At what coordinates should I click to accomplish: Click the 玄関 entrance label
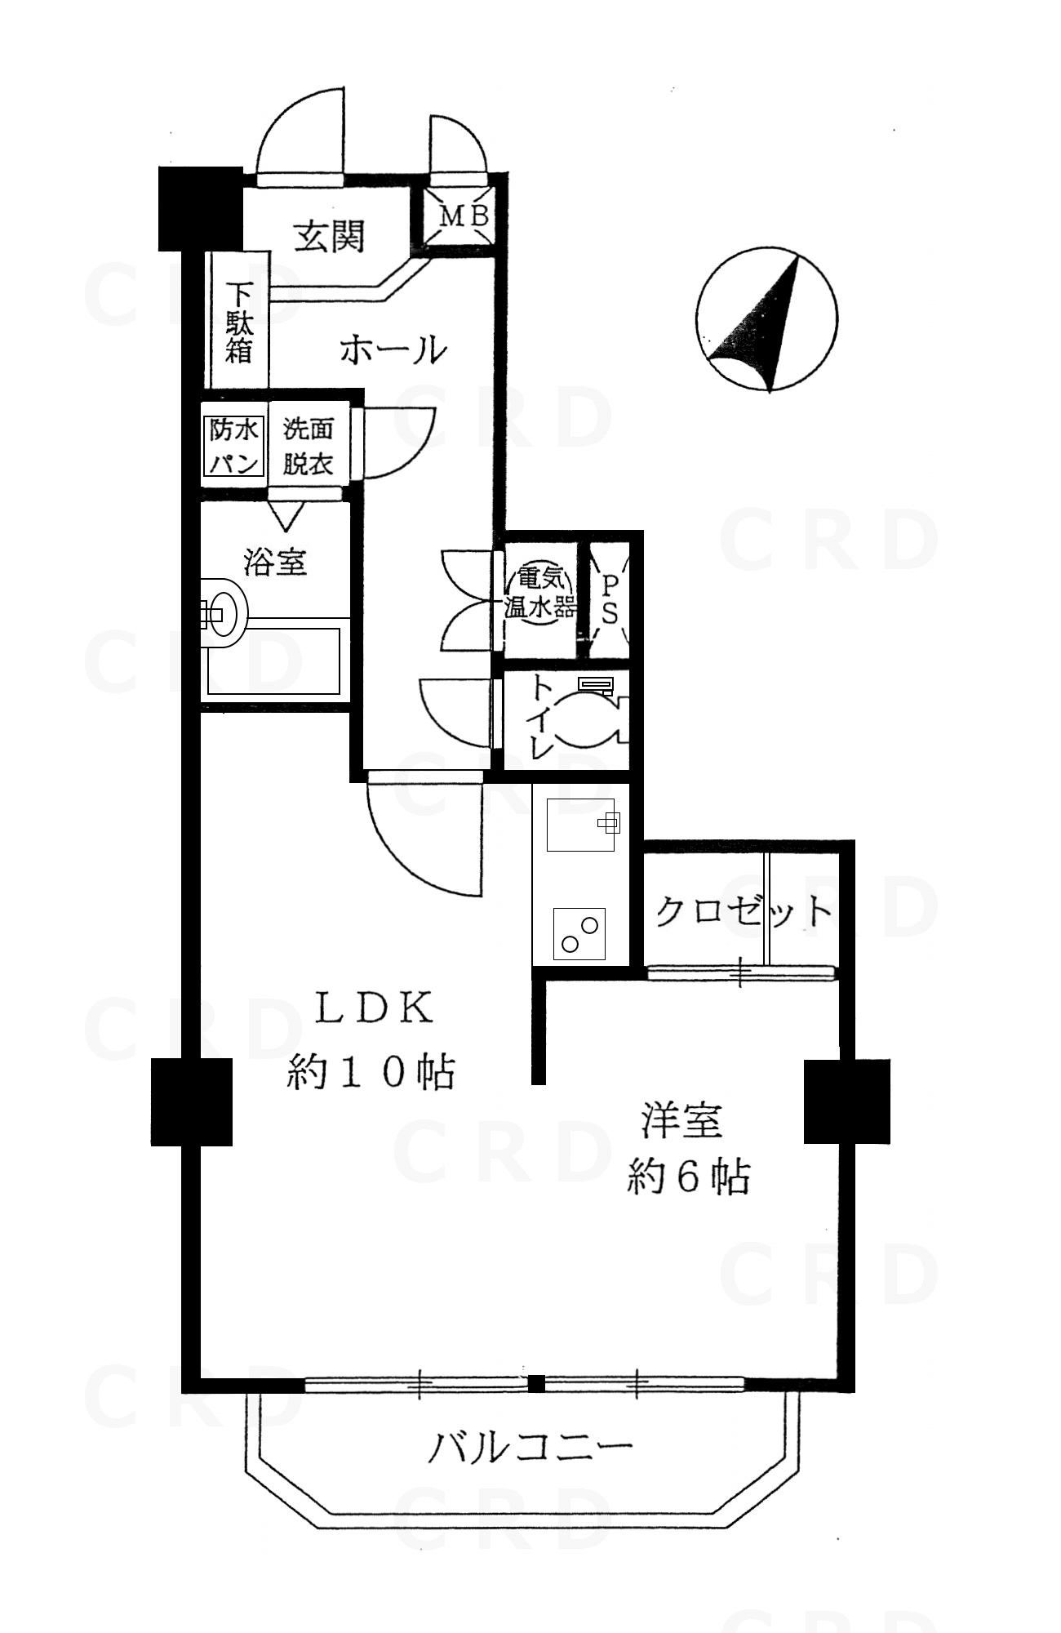coord(329,237)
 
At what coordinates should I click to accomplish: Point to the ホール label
coord(393,350)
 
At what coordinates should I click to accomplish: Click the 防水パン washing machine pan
coord(233,446)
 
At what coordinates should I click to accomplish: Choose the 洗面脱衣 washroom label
coord(308,446)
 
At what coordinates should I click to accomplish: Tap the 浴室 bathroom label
coord(275,562)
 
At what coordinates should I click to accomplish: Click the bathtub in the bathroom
coord(274,661)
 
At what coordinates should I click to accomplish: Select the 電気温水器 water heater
coord(539,594)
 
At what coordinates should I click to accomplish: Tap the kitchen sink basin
coord(579,824)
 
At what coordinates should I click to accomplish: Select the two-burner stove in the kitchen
coord(580,932)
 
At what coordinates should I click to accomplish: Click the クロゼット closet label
coord(744,910)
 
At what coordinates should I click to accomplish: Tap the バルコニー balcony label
coord(531,1448)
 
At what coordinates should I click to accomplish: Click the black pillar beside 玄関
coord(200,208)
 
